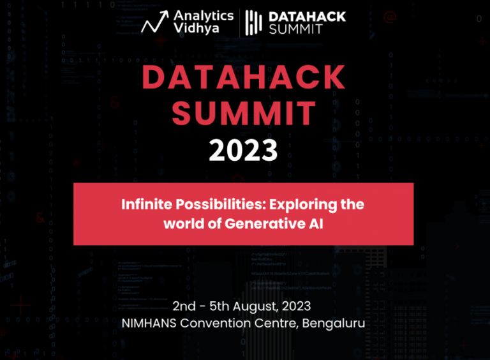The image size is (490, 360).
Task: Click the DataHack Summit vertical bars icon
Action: pos(255,22)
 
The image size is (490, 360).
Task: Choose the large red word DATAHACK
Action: pos(244,78)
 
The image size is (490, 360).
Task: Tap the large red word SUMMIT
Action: pos(244,114)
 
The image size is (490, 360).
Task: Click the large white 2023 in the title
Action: pos(244,151)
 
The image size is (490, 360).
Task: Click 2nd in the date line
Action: pos(185,306)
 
